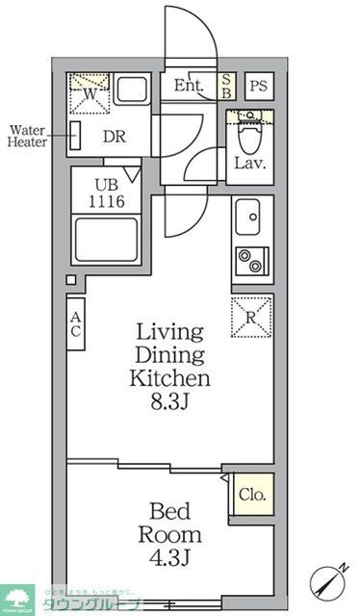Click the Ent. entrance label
coord(190,86)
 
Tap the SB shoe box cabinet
coord(226,86)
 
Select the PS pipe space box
coord(257,86)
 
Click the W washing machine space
coord(88,93)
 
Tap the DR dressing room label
coord(114,137)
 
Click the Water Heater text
coord(28,137)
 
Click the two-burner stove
coord(253,260)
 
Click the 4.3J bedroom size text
coord(170,555)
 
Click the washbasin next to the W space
coord(131,93)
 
